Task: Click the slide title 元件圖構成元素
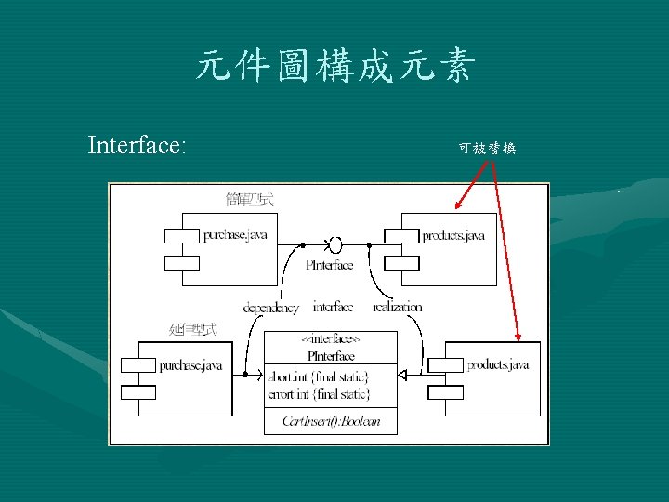335,68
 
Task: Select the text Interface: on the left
137,145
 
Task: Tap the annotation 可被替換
488,148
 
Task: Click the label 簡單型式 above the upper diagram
249,198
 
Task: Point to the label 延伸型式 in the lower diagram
193,329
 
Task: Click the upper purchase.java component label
235,235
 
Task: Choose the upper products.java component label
453,235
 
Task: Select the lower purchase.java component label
190,365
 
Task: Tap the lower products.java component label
498,364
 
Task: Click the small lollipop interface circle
335,244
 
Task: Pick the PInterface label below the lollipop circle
330,265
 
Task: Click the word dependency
271,308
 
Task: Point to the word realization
397,308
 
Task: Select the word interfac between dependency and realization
333,308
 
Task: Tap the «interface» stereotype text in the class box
331,341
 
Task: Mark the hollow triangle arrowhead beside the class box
403,375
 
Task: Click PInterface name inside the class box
331,355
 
